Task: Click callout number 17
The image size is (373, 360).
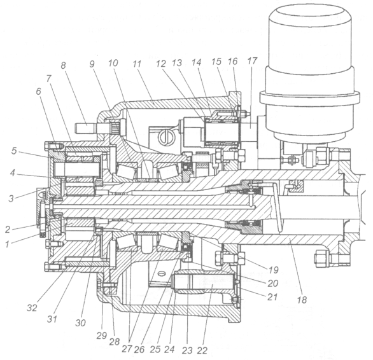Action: coord(252,61)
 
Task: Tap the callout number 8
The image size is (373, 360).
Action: coord(63,66)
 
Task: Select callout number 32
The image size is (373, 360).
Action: coord(32,308)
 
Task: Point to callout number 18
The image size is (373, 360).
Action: coord(302,300)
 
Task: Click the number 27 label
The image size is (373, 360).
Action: coord(127,349)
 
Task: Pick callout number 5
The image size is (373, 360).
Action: coord(14,151)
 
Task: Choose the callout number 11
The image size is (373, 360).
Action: coord(137,64)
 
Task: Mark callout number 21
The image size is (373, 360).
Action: coord(272,297)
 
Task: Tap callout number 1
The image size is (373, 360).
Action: coord(8,244)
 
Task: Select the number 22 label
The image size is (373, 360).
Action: coord(202,350)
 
